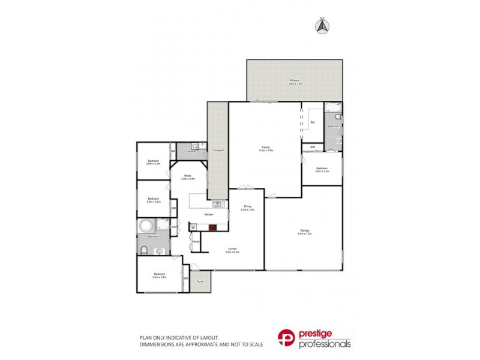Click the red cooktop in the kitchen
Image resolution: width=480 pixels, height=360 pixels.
tap(212, 227)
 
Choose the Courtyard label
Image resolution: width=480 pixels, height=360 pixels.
tap(218, 150)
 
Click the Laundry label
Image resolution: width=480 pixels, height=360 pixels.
tap(191, 151)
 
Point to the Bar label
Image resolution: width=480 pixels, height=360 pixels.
tap(313, 122)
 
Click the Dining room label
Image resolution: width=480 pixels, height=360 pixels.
tap(247, 207)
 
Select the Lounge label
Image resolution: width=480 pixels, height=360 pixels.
tap(232, 250)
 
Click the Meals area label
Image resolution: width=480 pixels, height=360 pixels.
tap(188, 176)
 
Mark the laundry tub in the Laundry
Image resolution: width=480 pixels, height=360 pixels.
tap(196, 146)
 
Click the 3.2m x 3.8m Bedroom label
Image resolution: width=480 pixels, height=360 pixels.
tap(158, 275)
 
